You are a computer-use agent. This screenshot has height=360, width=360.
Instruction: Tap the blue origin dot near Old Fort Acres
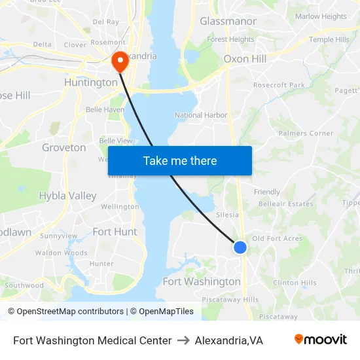pos(240,247)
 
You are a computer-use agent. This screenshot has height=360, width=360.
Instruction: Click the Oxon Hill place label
pos(245,59)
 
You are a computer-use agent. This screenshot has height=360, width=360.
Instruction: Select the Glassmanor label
pos(228,22)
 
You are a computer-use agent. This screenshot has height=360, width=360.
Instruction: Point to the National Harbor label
pos(201,115)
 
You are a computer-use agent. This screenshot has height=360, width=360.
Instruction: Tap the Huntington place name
pos(90,82)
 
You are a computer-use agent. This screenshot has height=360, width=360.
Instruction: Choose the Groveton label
pos(63,147)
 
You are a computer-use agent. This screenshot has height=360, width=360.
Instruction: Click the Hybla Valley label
pos(67,196)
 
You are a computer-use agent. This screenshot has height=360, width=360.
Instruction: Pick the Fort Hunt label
pos(115,232)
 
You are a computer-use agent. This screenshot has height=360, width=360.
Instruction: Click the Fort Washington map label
pos(202,281)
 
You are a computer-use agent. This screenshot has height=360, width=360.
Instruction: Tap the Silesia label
pos(227,215)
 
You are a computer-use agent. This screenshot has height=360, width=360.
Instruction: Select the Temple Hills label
pos(329,40)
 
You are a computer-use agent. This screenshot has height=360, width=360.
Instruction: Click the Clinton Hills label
pos(295,283)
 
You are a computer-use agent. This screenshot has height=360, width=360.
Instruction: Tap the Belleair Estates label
pos(285,204)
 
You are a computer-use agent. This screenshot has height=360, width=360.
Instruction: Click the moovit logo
pos(320,339)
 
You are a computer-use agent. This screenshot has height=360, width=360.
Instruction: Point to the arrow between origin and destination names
pos(183,340)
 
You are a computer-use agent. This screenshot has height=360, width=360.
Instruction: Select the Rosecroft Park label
pos(279,85)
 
